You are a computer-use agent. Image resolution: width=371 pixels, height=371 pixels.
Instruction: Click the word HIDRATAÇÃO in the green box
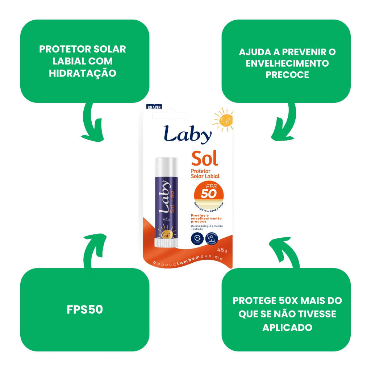[83, 73]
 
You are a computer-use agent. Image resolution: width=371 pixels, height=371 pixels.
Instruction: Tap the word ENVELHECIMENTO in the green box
[287, 63]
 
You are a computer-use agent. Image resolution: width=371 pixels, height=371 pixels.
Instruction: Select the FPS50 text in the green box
[85, 310]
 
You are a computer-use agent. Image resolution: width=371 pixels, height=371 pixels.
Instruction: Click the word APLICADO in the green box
[287, 327]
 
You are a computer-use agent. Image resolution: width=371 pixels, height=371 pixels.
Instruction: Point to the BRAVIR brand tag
[154, 107]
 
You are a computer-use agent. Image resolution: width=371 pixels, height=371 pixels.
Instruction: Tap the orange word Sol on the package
[205, 158]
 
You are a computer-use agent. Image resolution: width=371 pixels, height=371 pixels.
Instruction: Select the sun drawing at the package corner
[224, 120]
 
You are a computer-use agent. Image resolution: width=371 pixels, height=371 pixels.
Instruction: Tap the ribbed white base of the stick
[166, 242]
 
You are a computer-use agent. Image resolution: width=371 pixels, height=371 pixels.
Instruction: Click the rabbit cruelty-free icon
[213, 238]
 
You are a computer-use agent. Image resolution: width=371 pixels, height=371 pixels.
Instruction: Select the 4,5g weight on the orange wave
[222, 250]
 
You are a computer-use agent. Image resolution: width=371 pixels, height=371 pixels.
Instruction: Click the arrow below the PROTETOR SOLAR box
[92, 123]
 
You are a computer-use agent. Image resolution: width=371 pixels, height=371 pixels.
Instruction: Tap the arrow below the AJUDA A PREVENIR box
[284, 123]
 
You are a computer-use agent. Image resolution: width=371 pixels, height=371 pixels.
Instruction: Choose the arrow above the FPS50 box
[92, 250]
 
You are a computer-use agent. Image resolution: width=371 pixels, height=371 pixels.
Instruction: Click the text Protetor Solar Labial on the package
[205, 174]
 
